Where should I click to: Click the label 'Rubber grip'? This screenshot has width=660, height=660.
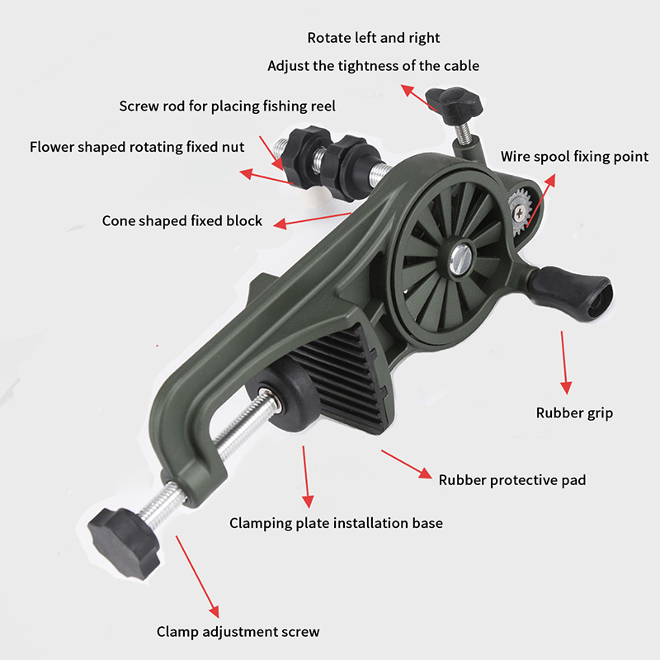coord(574,413)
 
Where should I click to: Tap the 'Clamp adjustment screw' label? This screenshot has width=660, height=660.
coord(238,632)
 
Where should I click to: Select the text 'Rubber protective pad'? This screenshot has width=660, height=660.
coord(512,480)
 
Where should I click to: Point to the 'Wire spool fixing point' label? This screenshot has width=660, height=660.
coord(574,157)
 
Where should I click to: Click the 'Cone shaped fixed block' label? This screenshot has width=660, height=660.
coord(182,221)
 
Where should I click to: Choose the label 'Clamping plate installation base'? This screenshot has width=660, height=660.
coord(336,523)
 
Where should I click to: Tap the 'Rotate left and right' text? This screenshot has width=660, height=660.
coord(374,38)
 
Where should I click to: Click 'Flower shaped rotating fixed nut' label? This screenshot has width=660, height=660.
coord(137,148)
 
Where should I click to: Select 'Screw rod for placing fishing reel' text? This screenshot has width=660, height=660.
coord(228,106)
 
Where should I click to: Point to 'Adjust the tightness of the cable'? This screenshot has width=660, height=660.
coord(374,66)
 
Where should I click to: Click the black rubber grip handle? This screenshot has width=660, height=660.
coord(569,294)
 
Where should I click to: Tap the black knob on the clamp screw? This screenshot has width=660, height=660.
coord(124,543)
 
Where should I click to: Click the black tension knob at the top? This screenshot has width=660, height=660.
coord(454,105)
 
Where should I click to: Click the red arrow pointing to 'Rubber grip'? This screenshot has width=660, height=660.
coord(564,362)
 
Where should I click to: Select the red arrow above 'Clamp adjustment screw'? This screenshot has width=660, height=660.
coord(197,577)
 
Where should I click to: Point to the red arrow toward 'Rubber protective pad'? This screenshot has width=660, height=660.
coord(407,464)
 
